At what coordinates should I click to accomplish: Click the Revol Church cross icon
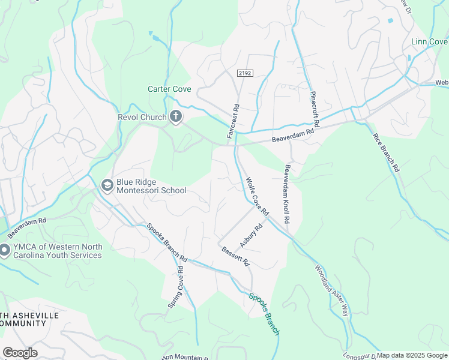(x=176, y=117)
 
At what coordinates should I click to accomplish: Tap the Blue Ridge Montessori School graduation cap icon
(x=107, y=185)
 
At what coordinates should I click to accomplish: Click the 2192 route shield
(x=245, y=73)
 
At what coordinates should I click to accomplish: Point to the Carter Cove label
(x=169, y=89)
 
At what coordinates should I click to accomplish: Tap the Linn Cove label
(x=429, y=41)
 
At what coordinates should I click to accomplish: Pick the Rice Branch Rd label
(x=386, y=153)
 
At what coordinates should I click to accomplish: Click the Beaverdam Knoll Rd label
(x=287, y=194)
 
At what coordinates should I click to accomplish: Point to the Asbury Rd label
(x=252, y=236)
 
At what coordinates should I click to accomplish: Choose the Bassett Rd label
(x=235, y=257)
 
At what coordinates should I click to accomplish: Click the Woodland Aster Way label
(x=331, y=292)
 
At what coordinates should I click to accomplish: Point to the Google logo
(x=20, y=353)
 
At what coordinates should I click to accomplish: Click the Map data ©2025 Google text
(x=412, y=355)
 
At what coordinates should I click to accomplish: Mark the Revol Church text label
(x=142, y=117)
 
